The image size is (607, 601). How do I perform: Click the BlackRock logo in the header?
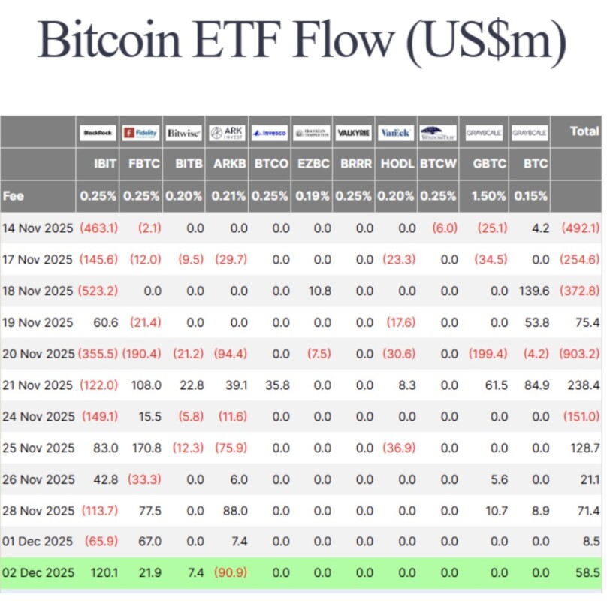tap(98, 133)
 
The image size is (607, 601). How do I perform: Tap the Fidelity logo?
tap(140, 133)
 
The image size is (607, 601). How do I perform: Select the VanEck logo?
tap(395, 133)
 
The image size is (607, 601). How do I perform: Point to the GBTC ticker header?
tap(490, 164)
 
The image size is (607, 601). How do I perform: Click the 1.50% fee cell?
tap(490, 196)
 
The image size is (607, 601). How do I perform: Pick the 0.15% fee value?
tap(531, 196)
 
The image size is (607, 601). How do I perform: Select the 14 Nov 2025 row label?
tap(38, 228)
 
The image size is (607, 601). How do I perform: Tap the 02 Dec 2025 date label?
tap(38, 572)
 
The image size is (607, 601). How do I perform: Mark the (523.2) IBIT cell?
tap(98, 291)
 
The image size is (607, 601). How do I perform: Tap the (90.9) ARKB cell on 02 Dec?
tap(229, 572)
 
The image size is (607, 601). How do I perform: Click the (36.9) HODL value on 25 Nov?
tap(398, 448)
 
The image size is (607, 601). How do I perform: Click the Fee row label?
tap(14, 196)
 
